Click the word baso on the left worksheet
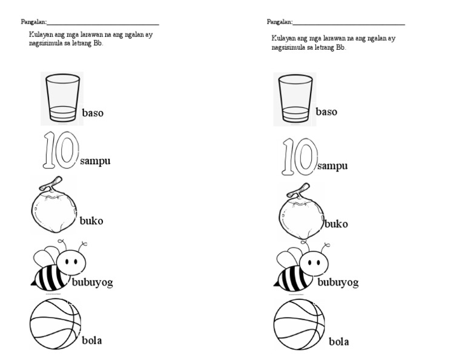93,113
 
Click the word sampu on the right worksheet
332,166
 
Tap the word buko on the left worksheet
91,221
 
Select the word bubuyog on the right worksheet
338,282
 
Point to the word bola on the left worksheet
91,340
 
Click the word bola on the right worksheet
338,342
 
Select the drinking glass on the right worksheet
295,99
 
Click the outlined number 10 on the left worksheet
60,150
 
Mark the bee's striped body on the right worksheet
291,278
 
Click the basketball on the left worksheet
54,323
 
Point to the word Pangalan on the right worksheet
279,22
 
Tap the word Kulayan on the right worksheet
283,38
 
